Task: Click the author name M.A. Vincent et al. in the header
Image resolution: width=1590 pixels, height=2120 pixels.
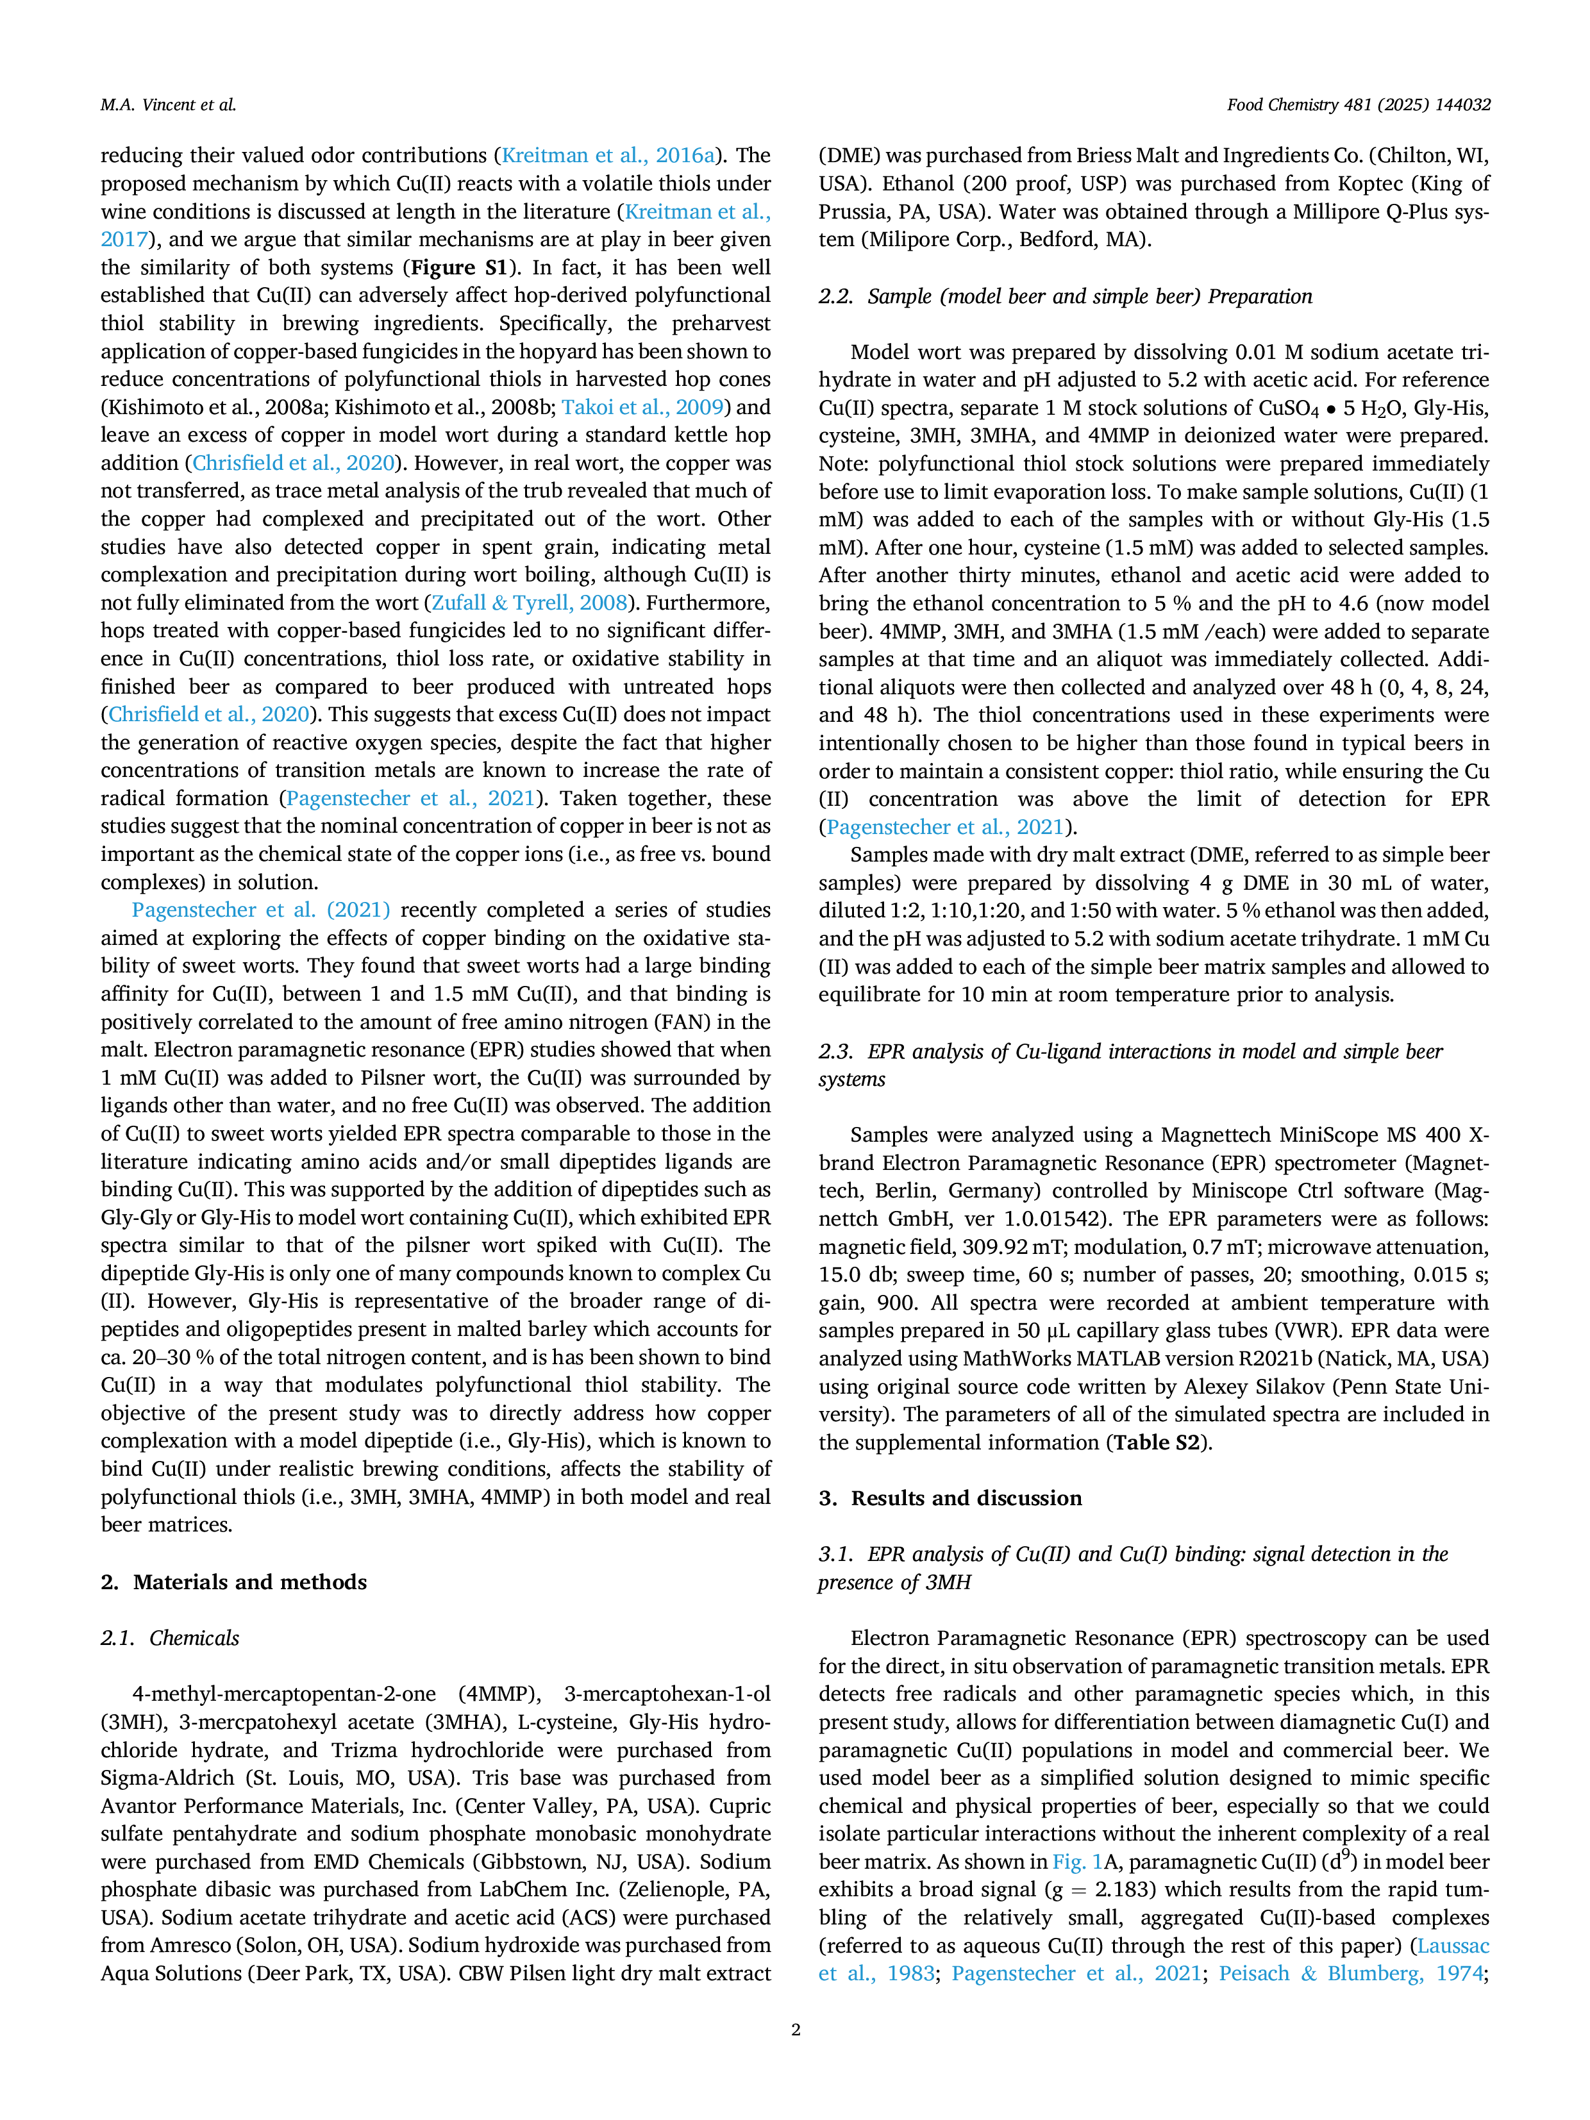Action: coord(168,104)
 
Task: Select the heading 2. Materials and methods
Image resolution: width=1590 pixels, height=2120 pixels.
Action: coord(234,1582)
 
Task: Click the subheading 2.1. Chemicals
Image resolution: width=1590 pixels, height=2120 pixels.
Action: coord(170,1638)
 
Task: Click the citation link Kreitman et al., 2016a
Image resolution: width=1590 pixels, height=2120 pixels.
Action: coord(608,155)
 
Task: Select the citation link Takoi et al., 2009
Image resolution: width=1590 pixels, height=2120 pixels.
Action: coord(642,407)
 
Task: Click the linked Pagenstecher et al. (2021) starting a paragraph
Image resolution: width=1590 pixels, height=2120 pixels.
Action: coord(261,910)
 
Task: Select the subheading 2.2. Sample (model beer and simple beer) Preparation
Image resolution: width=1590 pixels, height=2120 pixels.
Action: coord(1065,296)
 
